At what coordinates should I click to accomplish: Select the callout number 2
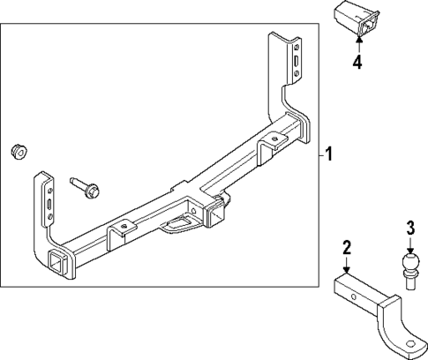pos(347,248)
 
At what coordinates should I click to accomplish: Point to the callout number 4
pos(357,62)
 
